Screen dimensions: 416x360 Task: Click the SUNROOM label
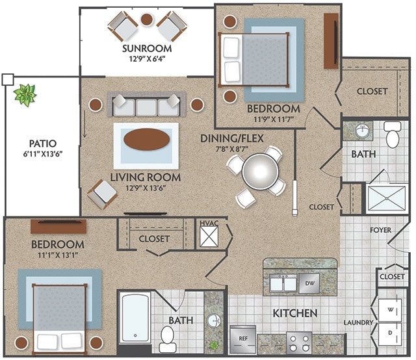[x=147, y=49]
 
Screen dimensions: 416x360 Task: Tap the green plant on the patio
[x=25, y=95]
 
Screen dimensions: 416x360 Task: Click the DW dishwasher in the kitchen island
[x=309, y=283]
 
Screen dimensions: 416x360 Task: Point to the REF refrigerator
[x=243, y=339]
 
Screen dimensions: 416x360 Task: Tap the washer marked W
[x=390, y=310]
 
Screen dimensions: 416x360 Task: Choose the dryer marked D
[x=390, y=333]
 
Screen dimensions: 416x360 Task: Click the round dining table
[x=260, y=172]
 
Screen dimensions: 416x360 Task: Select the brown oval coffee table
[x=147, y=139]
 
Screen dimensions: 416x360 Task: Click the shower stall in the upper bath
[x=387, y=198]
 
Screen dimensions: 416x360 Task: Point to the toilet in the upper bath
[x=393, y=135]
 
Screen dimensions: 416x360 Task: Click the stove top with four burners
[x=300, y=342]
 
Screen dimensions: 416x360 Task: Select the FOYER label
[x=380, y=230]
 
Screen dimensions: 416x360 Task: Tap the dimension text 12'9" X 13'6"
[x=146, y=188]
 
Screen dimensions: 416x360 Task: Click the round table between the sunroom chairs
[x=146, y=19]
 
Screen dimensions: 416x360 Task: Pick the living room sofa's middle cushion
[x=146, y=107]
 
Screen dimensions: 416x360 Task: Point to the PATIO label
[x=43, y=144]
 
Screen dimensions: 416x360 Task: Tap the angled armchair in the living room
[x=103, y=194]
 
